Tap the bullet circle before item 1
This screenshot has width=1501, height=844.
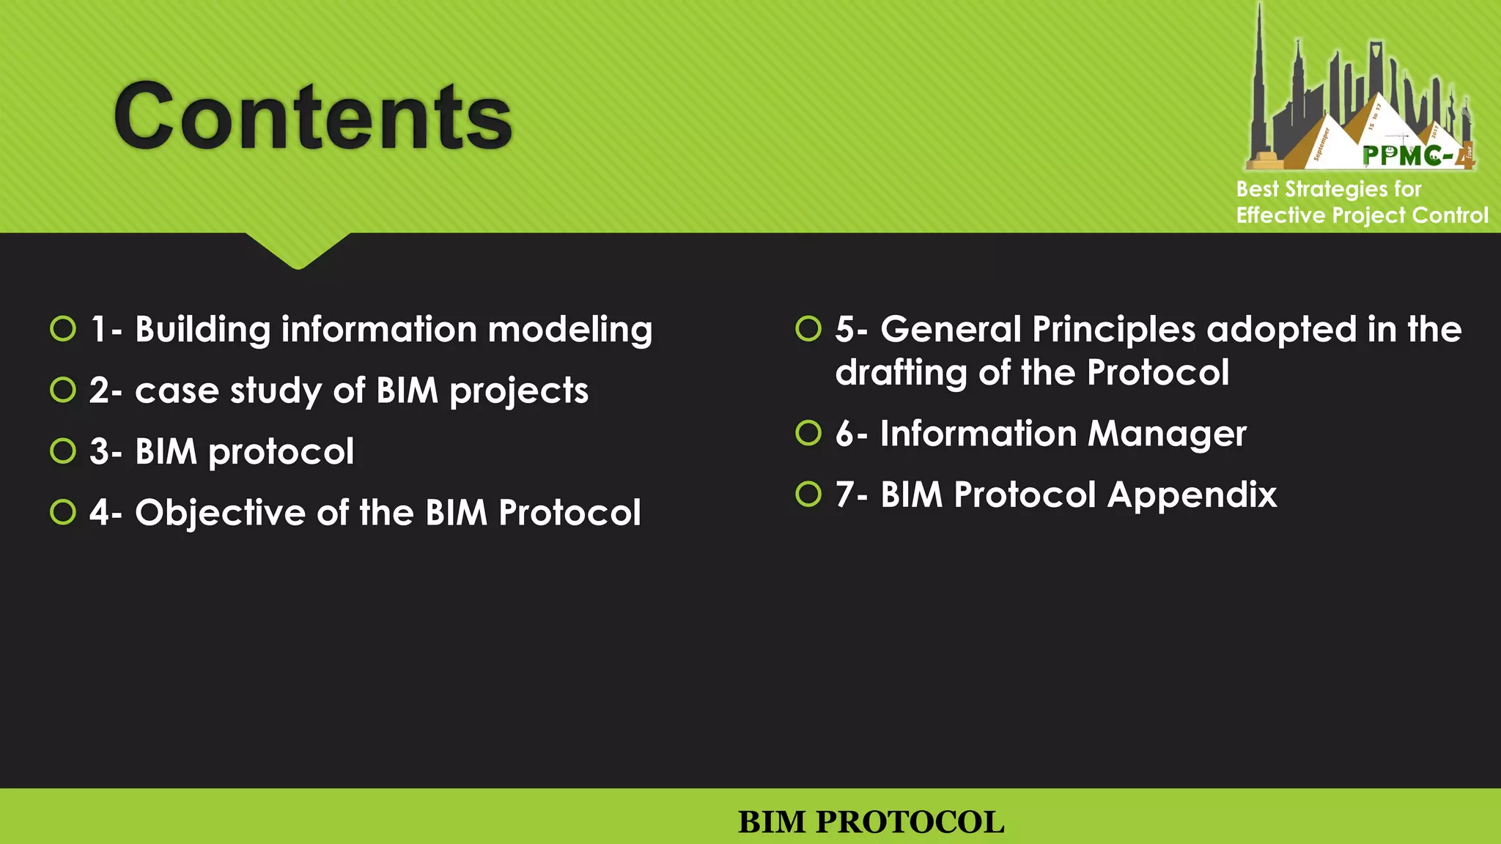(63, 329)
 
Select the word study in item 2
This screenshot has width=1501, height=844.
(276, 390)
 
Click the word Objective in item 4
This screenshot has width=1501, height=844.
(220, 512)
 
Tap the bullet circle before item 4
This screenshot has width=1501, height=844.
(63, 512)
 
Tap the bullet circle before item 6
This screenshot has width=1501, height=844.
(808, 433)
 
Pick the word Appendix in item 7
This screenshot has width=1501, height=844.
(1192, 495)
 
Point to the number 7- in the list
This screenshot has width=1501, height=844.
(851, 495)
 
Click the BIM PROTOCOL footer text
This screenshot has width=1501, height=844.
(871, 822)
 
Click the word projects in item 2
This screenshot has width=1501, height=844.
(518, 390)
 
